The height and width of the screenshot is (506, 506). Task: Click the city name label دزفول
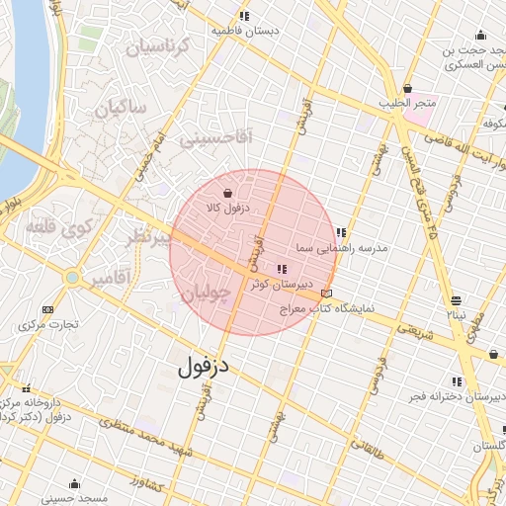click(204, 367)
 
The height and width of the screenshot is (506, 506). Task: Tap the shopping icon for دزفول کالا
click(229, 194)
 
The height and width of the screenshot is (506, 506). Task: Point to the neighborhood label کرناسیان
click(153, 45)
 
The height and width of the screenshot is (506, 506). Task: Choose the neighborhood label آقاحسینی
click(216, 139)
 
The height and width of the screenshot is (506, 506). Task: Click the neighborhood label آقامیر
click(110, 280)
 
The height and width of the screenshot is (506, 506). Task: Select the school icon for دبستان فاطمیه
click(244, 17)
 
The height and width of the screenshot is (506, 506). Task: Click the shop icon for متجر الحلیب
click(407, 89)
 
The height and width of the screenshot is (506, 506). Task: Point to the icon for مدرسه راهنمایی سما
click(341, 232)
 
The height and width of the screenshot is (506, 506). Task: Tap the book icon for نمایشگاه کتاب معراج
click(327, 294)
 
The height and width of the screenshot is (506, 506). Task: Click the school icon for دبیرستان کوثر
click(282, 269)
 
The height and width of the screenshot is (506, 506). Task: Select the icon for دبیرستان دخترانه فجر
click(457, 381)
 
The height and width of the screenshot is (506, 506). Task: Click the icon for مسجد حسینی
click(75, 483)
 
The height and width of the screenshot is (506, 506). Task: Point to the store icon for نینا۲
click(456, 300)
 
